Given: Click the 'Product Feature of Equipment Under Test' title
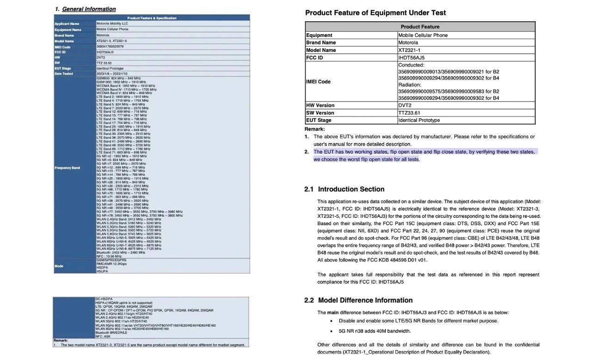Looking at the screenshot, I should [x=375, y=12].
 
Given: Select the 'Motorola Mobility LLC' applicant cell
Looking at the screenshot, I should [x=112, y=24].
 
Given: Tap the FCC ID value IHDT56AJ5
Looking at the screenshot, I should [x=411, y=58].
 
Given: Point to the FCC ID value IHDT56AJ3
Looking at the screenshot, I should [x=105, y=52].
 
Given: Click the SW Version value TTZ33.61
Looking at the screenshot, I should [x=410, y=113].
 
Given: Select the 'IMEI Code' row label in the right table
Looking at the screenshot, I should [x=318, y=82].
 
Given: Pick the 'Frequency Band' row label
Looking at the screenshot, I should [x=67, y=168].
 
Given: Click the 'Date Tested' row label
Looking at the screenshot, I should [x=64, y=74].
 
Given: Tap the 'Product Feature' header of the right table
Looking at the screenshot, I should [x=420, y=27].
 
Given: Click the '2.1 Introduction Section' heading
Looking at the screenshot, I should [x=344, y=189].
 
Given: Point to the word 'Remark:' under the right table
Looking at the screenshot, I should [x=314, y=129].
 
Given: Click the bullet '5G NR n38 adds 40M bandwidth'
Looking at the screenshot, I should [x=375, y=331].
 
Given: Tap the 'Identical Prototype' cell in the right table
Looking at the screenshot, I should [x=419, y=120].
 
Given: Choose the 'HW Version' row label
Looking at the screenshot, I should [x=320, y=105].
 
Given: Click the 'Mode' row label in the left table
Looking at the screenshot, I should [x=59, y=266].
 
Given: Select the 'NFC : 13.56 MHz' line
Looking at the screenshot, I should [x=110, y=256].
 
